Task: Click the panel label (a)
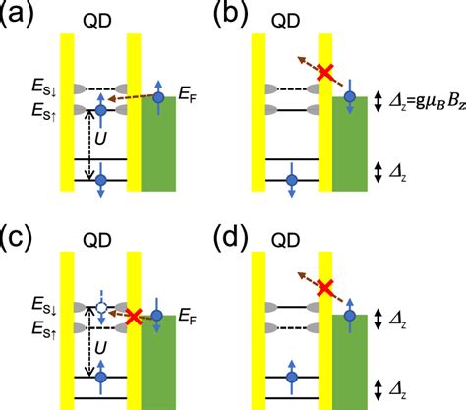(x=17, y=13)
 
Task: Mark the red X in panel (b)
(x=319, y=72)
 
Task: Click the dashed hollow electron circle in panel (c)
(x=99, y=309)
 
